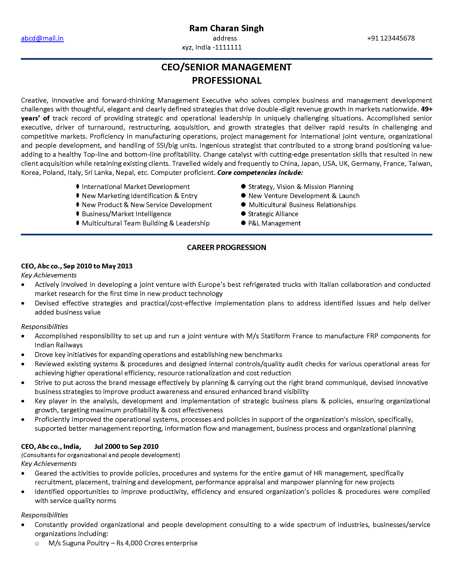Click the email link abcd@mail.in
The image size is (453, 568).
pyautogui.click(x=42, y=38)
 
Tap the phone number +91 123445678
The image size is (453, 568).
pyautogui.click(x=391, y=38)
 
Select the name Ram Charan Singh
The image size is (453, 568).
pyautogui.click(x=226, y=28)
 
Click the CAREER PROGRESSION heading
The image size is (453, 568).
pyautogui.click(x=226, y=248)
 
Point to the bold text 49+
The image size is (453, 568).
pyautogui.click(x=426, y=109)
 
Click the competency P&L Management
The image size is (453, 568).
pyautogui.click(x=274, y=223)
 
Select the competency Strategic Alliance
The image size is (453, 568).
pyautogui.click(x=273, y=214)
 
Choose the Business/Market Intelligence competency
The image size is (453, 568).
pyautogui.click(x=126, y=214)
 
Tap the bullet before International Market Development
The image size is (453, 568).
pyautogui.click(x=78, y=187)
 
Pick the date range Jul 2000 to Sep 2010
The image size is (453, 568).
pyautogui.click(x=126, y=446)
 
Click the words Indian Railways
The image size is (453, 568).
pyautogui.click(x=59, y=345)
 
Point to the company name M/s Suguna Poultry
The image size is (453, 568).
pyautogui.click(x=79, y=543)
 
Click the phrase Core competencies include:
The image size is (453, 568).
pyautogui.click(x=260, y=173)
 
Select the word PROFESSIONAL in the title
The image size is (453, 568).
pyautogui.click(x=226, y=81)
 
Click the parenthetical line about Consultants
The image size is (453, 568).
pyautogui.click(x=101, y=455)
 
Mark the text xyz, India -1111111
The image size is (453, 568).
pyautogui.click(x=212, y=47)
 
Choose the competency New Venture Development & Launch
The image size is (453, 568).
pyautogui.click(x=304, y=196)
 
